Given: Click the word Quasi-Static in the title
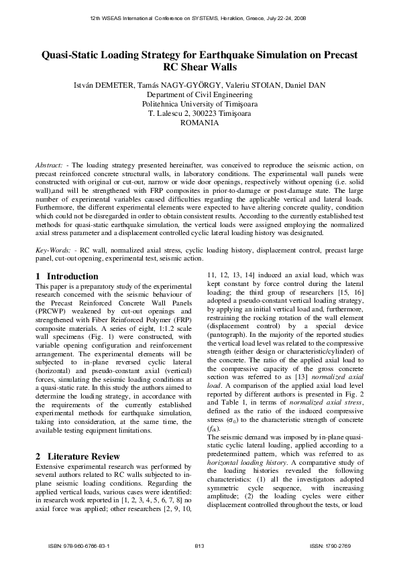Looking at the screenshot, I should click(73, 55).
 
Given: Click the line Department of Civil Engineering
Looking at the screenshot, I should click(199, 95).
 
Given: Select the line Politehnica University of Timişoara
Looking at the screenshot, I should click(199, 104).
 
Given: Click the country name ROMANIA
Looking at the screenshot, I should click(199, 123).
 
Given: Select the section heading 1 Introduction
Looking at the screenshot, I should click(66, 276).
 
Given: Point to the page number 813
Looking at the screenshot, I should click(199, 546).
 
